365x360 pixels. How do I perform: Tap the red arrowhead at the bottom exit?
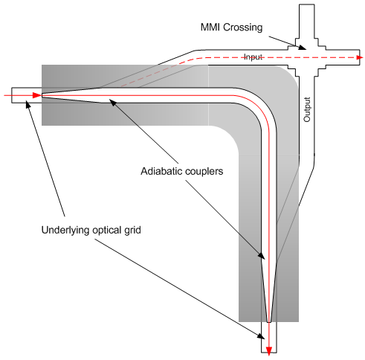tap(269, 347)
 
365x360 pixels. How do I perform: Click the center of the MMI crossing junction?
tap(305, 57)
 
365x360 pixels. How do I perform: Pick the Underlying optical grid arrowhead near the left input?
tap(28, 103)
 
